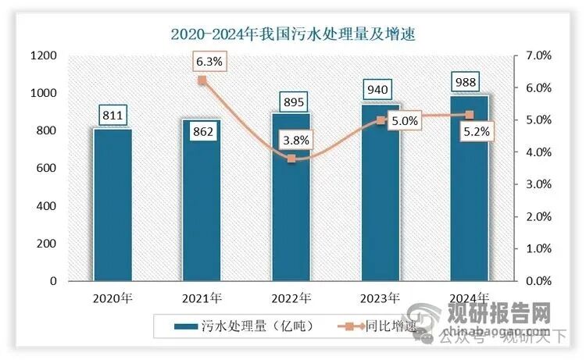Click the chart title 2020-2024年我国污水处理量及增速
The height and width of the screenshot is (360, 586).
(293, 33)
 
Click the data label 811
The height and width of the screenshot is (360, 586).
(113, 116)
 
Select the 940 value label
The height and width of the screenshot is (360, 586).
(380, 91)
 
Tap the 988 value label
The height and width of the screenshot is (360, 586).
(469, 82)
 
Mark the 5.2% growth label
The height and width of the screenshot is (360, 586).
(477, 132)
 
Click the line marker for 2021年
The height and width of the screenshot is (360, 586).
(202, 80)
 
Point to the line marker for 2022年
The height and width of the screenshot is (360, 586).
(291, 159)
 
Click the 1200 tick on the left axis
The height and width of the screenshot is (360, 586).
(43, 55)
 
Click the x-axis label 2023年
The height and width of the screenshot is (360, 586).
(380, 298)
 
